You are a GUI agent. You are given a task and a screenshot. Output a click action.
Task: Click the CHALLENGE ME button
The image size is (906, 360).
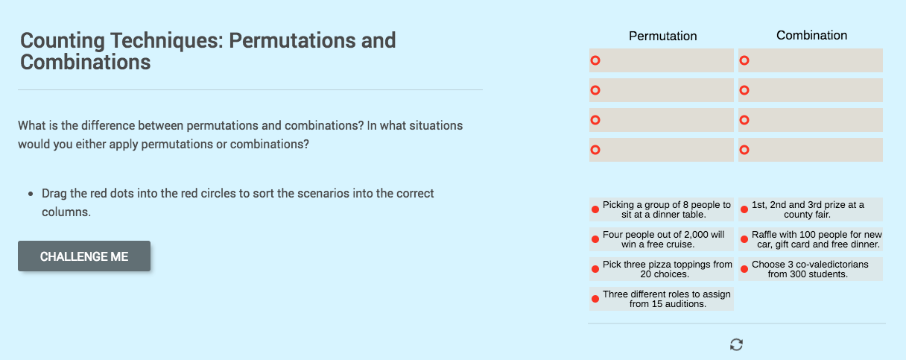[x=84, y=256]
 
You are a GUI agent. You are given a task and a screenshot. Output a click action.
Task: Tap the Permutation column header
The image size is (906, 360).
[x=662, y=36]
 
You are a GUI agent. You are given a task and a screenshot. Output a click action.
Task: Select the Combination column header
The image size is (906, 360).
[x=811, y=35]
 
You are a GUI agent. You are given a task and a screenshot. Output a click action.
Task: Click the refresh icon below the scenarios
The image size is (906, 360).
[x=736, y=344]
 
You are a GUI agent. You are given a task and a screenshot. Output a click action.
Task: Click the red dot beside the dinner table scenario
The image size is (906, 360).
[x=595, y=209]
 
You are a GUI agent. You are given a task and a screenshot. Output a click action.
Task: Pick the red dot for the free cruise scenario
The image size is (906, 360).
[x=595, y=239]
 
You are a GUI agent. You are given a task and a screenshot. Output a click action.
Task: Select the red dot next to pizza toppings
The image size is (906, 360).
[x=595, y=269]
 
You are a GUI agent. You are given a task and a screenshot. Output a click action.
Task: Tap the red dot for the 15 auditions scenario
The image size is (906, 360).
[x=595, y=299]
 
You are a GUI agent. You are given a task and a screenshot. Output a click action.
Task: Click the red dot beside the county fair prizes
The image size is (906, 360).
[x=744, y=209]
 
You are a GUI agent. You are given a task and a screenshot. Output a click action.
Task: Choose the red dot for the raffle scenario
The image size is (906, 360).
[x=744, y=239]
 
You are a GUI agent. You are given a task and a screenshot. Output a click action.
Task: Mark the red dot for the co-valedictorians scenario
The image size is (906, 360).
[x=744, y=269]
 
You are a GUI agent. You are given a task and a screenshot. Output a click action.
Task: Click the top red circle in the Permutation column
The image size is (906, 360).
[x=595, y=60]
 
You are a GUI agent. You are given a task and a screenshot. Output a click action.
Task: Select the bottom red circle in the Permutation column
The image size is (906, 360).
[x=595, y=150]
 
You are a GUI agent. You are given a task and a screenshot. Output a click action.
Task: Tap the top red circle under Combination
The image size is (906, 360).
[x=744, y=60]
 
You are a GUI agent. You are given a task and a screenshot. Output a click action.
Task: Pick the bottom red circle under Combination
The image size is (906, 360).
[x=744, y=150]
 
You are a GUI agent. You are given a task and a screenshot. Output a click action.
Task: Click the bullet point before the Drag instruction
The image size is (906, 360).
[x=31, y=194]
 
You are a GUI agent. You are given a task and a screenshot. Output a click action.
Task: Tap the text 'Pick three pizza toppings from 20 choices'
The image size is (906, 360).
[x=667, y=269]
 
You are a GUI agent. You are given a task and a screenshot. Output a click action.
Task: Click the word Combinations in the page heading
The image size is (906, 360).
[x=85, y=62]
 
